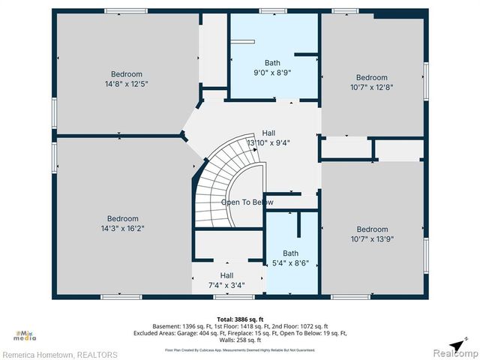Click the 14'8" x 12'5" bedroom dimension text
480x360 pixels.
pos(126,84)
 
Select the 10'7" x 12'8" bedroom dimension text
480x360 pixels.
pos(371,88)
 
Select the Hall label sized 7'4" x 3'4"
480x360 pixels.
pos(226,285)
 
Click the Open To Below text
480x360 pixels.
pos(247,202)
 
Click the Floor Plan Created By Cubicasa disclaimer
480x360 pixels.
pos(239,349)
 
